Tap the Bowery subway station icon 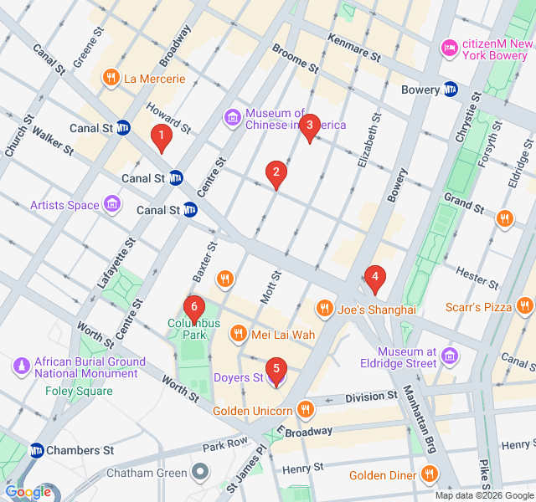[x=451, y=90]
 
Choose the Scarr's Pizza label [x=478, y=307]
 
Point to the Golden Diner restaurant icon [x=430, y=475]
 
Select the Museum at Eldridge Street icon [x=450, y=357]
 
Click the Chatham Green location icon [x=199, y=473]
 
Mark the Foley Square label [x=79, y=391]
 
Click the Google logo [x=28, y=493]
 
